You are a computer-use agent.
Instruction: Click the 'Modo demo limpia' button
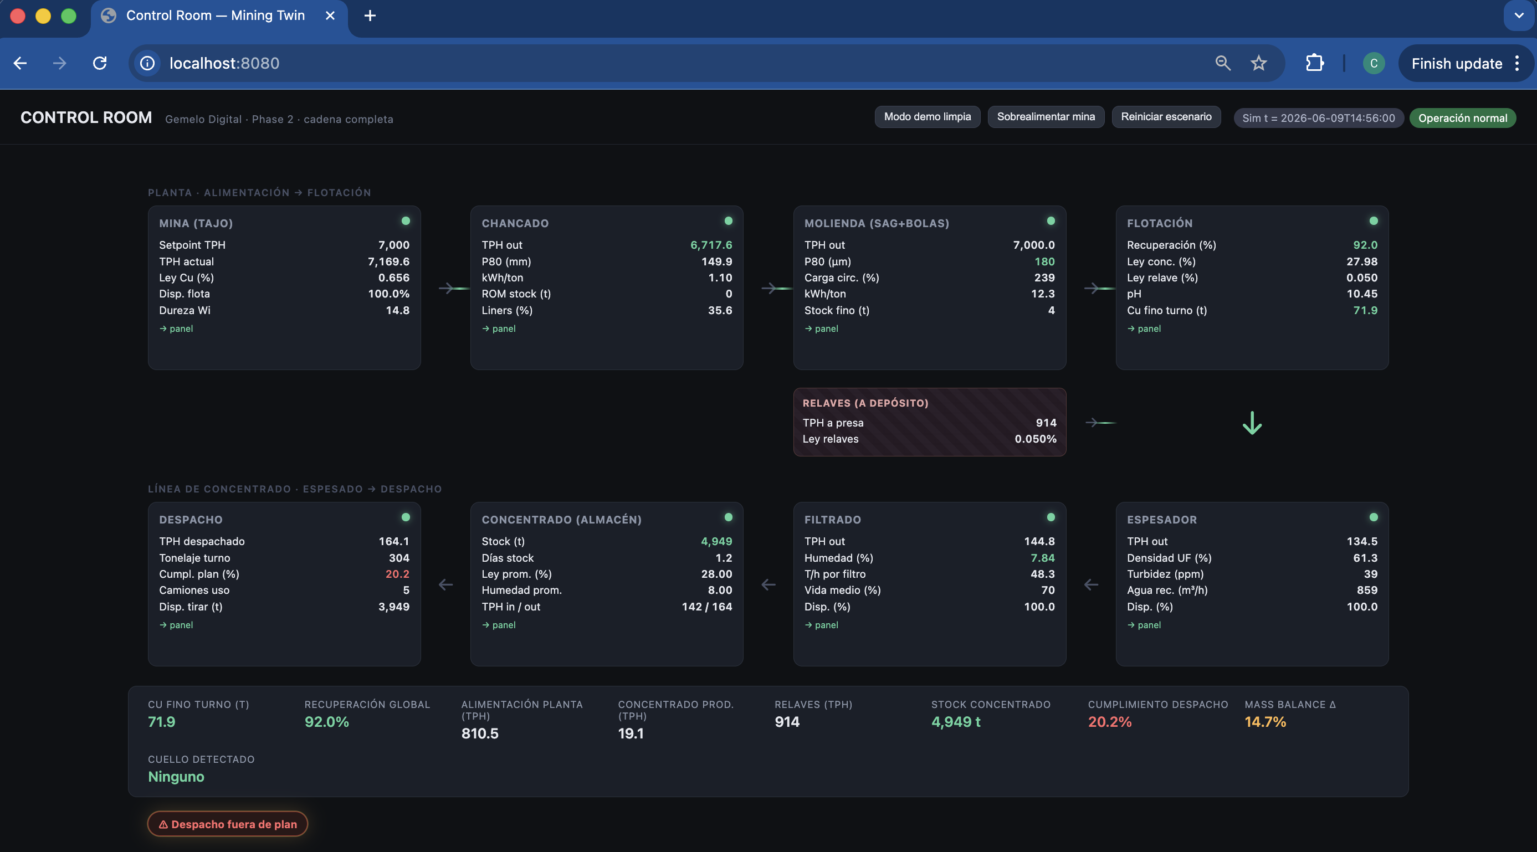tap(927, 117)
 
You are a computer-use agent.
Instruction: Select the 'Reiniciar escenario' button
tap(1166, 117)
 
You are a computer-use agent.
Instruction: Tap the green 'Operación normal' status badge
tap(1462, 118)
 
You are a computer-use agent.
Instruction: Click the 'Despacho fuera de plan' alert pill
tap(227, 824)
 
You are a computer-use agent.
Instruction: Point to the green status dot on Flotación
tap(1374, 221)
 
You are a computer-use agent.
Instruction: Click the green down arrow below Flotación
tap(1252, 423)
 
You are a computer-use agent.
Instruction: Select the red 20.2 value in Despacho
tap(397, 574)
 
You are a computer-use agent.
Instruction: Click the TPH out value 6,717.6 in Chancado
tap(711, 245)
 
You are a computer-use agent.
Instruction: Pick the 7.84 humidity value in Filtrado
tap(1042, 558)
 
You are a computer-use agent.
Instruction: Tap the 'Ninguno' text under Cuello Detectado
tap(176, 777)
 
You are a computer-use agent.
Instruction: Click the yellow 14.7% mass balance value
tap(1265, 722)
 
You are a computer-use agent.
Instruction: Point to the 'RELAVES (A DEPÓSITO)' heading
tap(865, 403)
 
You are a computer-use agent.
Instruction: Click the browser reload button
tap(100, 63)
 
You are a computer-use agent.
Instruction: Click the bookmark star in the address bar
tap(1258, 63)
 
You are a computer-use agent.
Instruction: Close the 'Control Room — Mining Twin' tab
tap(330, 16)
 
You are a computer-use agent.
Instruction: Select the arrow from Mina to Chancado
tap(454, 289)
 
